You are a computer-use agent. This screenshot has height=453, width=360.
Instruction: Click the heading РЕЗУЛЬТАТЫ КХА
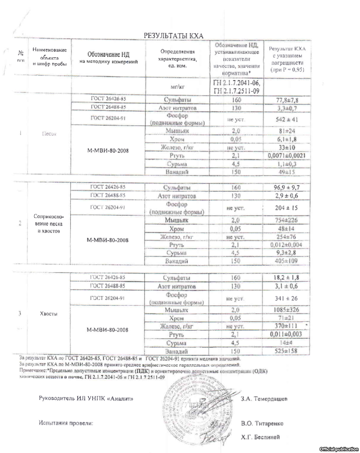tap(173, 36)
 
